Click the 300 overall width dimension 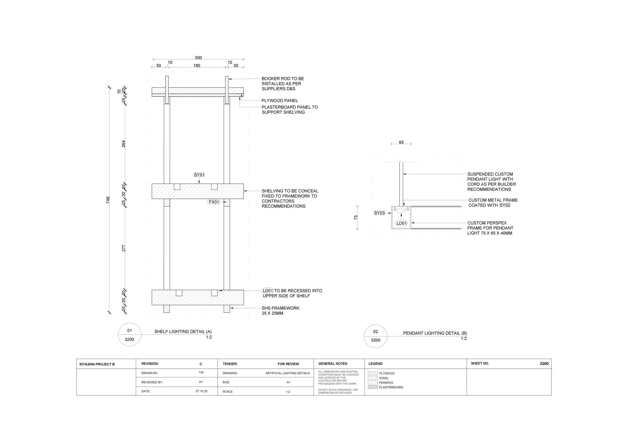[198, 58]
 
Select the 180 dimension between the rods [197, 65]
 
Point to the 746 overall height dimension [108, 200]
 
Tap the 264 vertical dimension [124, 144]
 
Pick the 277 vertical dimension [124, 248]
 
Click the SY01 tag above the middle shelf [199, 175]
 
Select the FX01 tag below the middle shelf [214, 202]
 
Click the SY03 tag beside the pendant [379, 213]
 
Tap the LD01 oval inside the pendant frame [402, 223]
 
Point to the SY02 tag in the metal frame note [505, 205]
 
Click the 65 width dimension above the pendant [401, 142]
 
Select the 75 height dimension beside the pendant [356, 217]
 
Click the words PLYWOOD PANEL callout [280, 101]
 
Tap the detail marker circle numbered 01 [130, 335]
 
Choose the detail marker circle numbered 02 [376, 336]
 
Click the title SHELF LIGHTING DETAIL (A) [183, 331]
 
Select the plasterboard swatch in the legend [373, 387]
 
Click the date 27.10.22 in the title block [202, 391]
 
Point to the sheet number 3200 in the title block [544, 364]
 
